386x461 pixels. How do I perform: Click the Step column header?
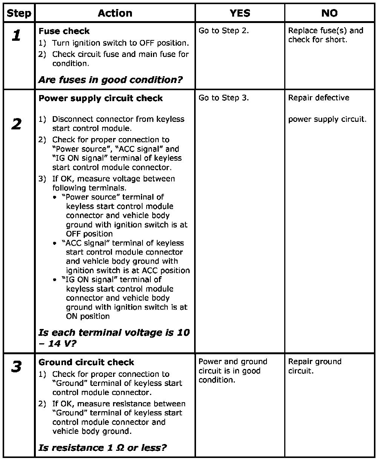pyautogui.click(x=19, y=13)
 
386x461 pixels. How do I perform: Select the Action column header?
pyautogui.click(x=115, y=13)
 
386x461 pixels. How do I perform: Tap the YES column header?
pyautogui.click(x=240, y=13)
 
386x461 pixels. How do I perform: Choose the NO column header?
pyautogui.click(x=329, y=13)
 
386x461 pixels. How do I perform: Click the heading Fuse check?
pyautogui.click(x=64, y=31)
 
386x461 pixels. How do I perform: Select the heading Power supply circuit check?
pyautogui.click(x=101, y=98)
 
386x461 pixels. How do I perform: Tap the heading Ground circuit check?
pyautogui.click(x=86, y=363)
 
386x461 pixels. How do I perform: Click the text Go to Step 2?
pyautogui.click(x=224, y=31)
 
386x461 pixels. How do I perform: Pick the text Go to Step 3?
pyautogui.click(x=224, y=98)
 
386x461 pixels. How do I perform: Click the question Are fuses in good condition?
pyautogui.click(x=110, y=80)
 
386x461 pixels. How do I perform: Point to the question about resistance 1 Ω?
pyautogui.click(x=103, y=448)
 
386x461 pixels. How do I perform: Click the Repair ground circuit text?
pyautogui.click(x=315, y=366)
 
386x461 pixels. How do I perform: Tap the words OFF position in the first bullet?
pyautogui.click(x=89, y=234)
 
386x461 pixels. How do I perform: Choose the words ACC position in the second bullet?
pyautogui.click(x=166, y=270)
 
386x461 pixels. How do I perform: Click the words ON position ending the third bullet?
pyautogui.click(x=88, y=316)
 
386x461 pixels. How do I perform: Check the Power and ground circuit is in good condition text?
pyautogui.click(x=233, y=370)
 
